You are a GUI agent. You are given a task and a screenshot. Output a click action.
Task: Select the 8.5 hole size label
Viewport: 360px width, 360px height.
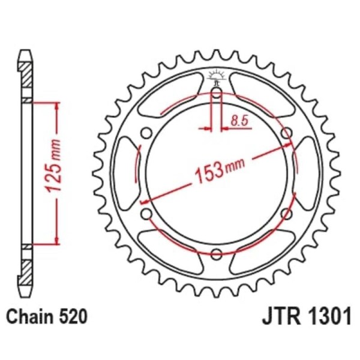[x=239, y=121]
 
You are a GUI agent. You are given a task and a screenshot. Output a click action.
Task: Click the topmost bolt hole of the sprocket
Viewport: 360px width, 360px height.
[x=216, y=93]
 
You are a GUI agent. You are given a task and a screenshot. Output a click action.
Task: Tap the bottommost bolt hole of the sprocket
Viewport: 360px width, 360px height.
[x=216, y=253]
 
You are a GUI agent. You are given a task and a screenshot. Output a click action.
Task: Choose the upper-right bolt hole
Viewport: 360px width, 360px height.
[x=286, y=133]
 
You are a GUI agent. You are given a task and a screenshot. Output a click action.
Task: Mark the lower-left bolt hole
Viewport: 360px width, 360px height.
[x=146, y=214]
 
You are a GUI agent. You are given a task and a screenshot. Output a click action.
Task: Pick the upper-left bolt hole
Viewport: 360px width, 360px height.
[x=146, y=133]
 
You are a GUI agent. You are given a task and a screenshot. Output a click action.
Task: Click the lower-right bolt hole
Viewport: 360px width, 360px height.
[x=286, y=214]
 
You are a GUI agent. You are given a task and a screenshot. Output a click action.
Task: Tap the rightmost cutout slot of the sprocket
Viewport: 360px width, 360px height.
[x=305, y=173]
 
